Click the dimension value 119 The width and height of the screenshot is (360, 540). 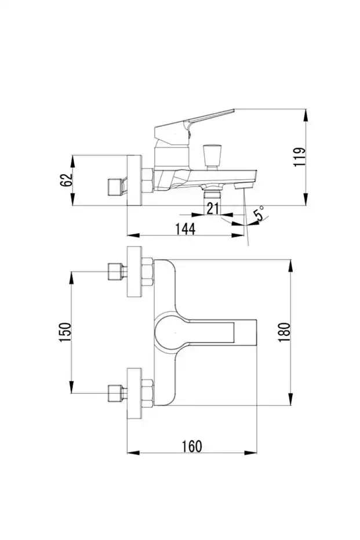coord(299,157)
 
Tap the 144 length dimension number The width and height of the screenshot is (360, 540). coord(185,229)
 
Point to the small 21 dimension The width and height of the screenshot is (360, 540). coord(213,209)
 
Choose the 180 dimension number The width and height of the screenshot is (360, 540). coord(283,332)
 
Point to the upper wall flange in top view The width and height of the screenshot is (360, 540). coord(134,271)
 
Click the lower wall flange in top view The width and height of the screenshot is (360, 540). coord(134,393)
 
